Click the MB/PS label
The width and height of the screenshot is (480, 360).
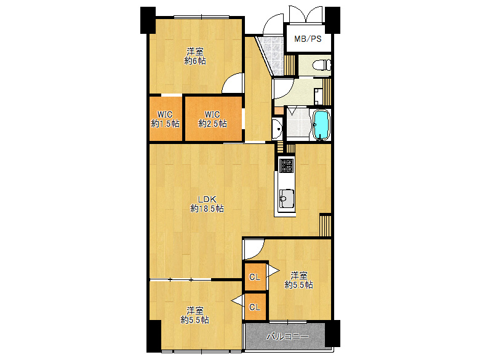pos(308,39)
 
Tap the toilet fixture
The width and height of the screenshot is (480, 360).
pos(321,65)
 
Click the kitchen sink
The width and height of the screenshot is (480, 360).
pos(287,198)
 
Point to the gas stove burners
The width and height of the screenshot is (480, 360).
pos(286,165)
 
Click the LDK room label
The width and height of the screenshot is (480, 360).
pos(207,199)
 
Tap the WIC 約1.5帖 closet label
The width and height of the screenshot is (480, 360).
pos(165,119)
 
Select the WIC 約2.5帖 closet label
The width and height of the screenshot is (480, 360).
pos(212,119)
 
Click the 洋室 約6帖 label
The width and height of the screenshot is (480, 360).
pos(195,56)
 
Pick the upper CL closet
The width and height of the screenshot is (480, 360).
pos(255,277)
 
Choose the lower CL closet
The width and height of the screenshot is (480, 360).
pos(255,306)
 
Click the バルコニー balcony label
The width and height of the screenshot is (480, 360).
pos(287,337)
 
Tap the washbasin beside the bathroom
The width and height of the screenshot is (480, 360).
pos(277,129)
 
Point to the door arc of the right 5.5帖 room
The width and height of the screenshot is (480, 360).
pos(254,249)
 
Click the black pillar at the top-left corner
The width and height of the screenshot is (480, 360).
pos(148,20)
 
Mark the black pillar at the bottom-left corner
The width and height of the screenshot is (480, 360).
pos(153,336)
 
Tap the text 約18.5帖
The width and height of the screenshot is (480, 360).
pos(207,209)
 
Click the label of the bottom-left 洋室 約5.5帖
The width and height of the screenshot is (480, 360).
pos(195,315)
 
